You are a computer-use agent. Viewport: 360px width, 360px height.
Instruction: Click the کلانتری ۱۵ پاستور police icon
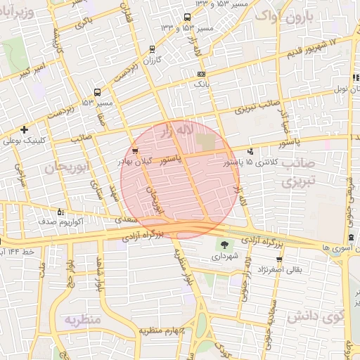point(250,150)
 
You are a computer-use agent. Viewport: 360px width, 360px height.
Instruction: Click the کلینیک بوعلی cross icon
point(25,129)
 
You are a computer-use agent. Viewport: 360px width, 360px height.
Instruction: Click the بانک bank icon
point(202,74)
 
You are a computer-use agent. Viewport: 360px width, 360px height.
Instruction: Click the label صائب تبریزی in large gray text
point(300,172)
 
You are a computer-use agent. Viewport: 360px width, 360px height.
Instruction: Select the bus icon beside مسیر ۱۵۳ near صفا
point(96,91)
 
